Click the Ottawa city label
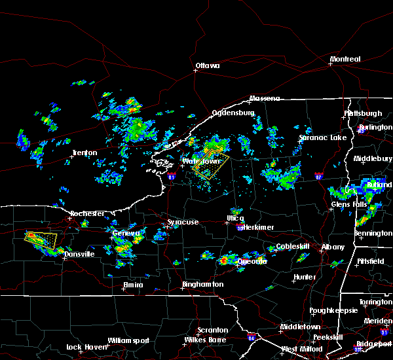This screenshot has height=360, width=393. tap(207, 65)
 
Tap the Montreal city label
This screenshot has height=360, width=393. tap(345, 60)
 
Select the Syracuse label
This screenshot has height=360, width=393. tap(183, 223)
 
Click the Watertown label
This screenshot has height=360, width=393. tap(200, 161)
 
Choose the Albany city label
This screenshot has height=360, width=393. tap(333, 247)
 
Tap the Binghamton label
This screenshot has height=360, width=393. tap(202, 285)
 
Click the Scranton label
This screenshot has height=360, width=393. tap(214, 330)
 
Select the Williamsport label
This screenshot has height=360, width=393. tap(129, 340)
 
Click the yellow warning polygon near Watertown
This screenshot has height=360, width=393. tap(210, 166)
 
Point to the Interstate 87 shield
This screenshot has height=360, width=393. tap(318, 176)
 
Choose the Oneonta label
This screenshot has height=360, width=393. tap(252, 261)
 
